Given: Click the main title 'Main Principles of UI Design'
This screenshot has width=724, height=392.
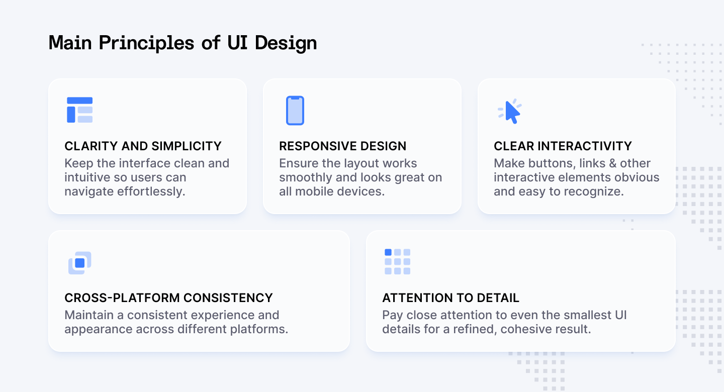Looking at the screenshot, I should [183, 43].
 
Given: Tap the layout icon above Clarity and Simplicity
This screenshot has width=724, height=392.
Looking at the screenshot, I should [79, 110].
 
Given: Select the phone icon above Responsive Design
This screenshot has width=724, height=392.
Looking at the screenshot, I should [295, 111].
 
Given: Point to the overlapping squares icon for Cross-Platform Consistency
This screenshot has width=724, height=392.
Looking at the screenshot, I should [79, 263].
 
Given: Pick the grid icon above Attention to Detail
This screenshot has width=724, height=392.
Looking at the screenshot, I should [397, 261].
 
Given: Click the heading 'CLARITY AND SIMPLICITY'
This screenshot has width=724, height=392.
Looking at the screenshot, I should [143, 146].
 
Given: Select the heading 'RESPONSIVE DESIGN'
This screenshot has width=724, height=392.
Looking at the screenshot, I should [342, 146].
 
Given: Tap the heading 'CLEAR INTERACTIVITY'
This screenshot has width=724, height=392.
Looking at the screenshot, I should [563, 146].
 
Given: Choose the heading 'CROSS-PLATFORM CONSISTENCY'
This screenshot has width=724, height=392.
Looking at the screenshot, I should [168, 298].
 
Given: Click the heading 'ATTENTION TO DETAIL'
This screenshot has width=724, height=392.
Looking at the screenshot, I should [450, 298].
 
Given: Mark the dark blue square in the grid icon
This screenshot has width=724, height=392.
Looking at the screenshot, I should [388, 252].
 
